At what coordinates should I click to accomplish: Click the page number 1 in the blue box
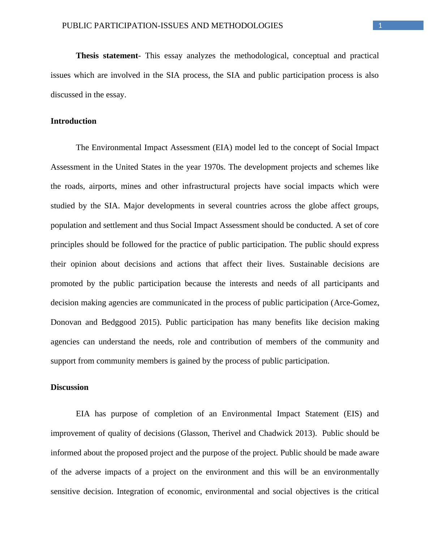point(380,26)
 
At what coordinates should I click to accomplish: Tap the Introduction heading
point(73,121)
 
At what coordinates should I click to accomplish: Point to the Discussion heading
point(69,387)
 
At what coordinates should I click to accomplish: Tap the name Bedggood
point(119,322)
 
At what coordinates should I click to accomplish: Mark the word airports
point(102,187)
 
